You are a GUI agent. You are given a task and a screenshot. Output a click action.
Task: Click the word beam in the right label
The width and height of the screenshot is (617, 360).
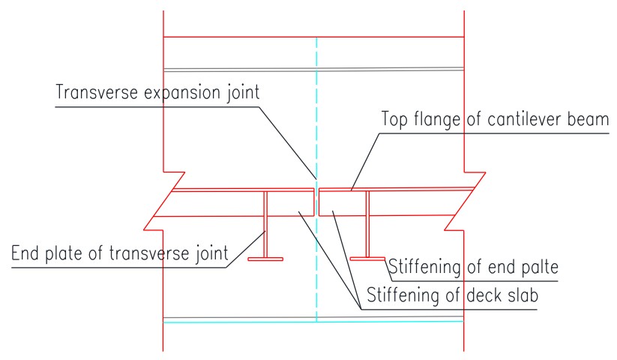[x=591, y=119]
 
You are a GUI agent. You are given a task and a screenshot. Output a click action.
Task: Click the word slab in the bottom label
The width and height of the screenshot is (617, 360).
[x=522, y=294]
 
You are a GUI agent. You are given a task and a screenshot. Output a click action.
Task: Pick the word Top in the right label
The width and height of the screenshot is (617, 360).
[x=397, y=120]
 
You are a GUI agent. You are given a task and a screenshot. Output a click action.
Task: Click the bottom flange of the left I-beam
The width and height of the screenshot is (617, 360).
[x=265, y=259]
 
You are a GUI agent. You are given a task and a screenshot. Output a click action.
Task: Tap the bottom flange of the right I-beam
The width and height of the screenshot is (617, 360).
[x=367, y=259]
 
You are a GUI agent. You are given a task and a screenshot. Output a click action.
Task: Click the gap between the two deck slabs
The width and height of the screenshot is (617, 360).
[x=316, y=202]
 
